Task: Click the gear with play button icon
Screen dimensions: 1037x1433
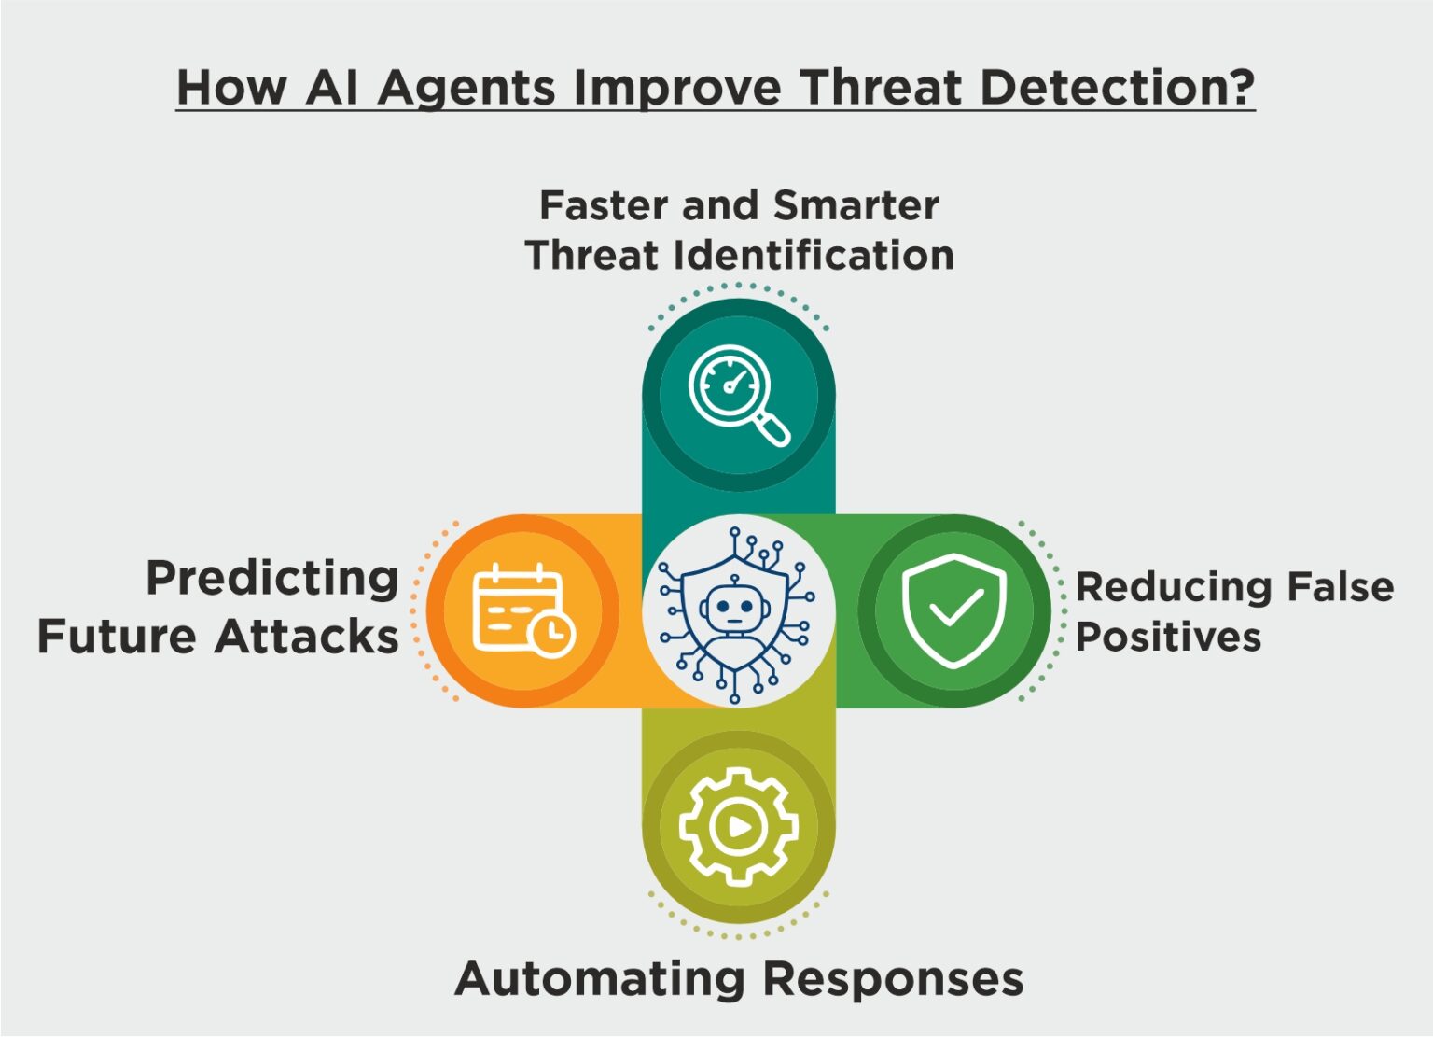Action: [x=738, y=826]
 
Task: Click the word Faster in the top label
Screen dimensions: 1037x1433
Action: [x=605, y=205]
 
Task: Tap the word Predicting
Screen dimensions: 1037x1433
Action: [x=272, y=578]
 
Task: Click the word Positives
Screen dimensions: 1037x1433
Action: [x=1168, y=638]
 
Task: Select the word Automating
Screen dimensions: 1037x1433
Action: [x=602, y=979]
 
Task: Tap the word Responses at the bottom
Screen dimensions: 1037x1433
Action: [x=893, y=979]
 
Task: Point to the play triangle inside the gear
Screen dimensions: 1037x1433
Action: [x=739, y=827]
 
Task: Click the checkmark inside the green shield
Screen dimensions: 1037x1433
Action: [x=955, y=609]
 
